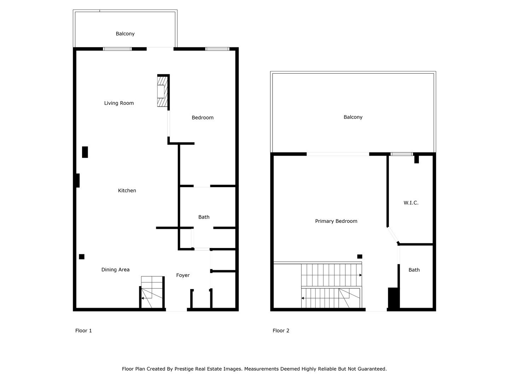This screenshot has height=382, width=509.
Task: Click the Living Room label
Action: click(119, 103)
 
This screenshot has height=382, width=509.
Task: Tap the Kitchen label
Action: click(127, 191)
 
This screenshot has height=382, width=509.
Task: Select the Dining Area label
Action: click(115, 270)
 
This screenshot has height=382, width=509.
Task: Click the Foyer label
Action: click(183, 276)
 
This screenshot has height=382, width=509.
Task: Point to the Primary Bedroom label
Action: click(336, 221)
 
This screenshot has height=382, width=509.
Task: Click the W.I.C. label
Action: click(411, 203)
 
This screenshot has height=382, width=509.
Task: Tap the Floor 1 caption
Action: click(83, 331)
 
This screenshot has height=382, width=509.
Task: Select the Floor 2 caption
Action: click(281, 331)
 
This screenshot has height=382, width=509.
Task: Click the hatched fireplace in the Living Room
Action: click(162, 91)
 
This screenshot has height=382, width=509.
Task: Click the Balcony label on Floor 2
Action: click(353, 117)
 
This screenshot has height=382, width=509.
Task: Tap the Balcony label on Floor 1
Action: click(125, 34)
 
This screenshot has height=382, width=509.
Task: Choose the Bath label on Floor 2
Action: click(414, 270)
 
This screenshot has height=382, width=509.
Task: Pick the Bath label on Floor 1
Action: click(204, 217)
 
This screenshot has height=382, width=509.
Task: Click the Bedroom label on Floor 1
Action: click(203, 118)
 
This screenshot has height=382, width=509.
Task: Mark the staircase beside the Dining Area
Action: click(152, 292)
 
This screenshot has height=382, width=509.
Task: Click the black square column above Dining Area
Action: click(82, 257)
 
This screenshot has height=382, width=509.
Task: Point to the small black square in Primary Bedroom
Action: click(360, 256)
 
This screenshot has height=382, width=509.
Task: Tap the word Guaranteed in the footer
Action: click(372, 369)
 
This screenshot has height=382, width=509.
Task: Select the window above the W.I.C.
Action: click(402, 154)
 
